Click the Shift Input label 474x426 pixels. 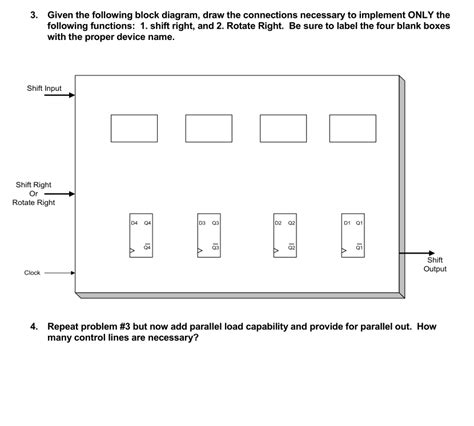pos(44,89)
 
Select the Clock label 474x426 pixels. pos(33,272)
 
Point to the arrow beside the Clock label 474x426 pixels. pos(60,272)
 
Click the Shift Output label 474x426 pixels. pos(435,264)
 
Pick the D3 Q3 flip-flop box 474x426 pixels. pos(208,236)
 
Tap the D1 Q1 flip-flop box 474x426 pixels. pos(353,236)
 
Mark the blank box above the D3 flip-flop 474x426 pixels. pos(208,128)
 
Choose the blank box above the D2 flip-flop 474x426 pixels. pos(283,128)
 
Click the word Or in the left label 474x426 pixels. pos(33,194)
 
